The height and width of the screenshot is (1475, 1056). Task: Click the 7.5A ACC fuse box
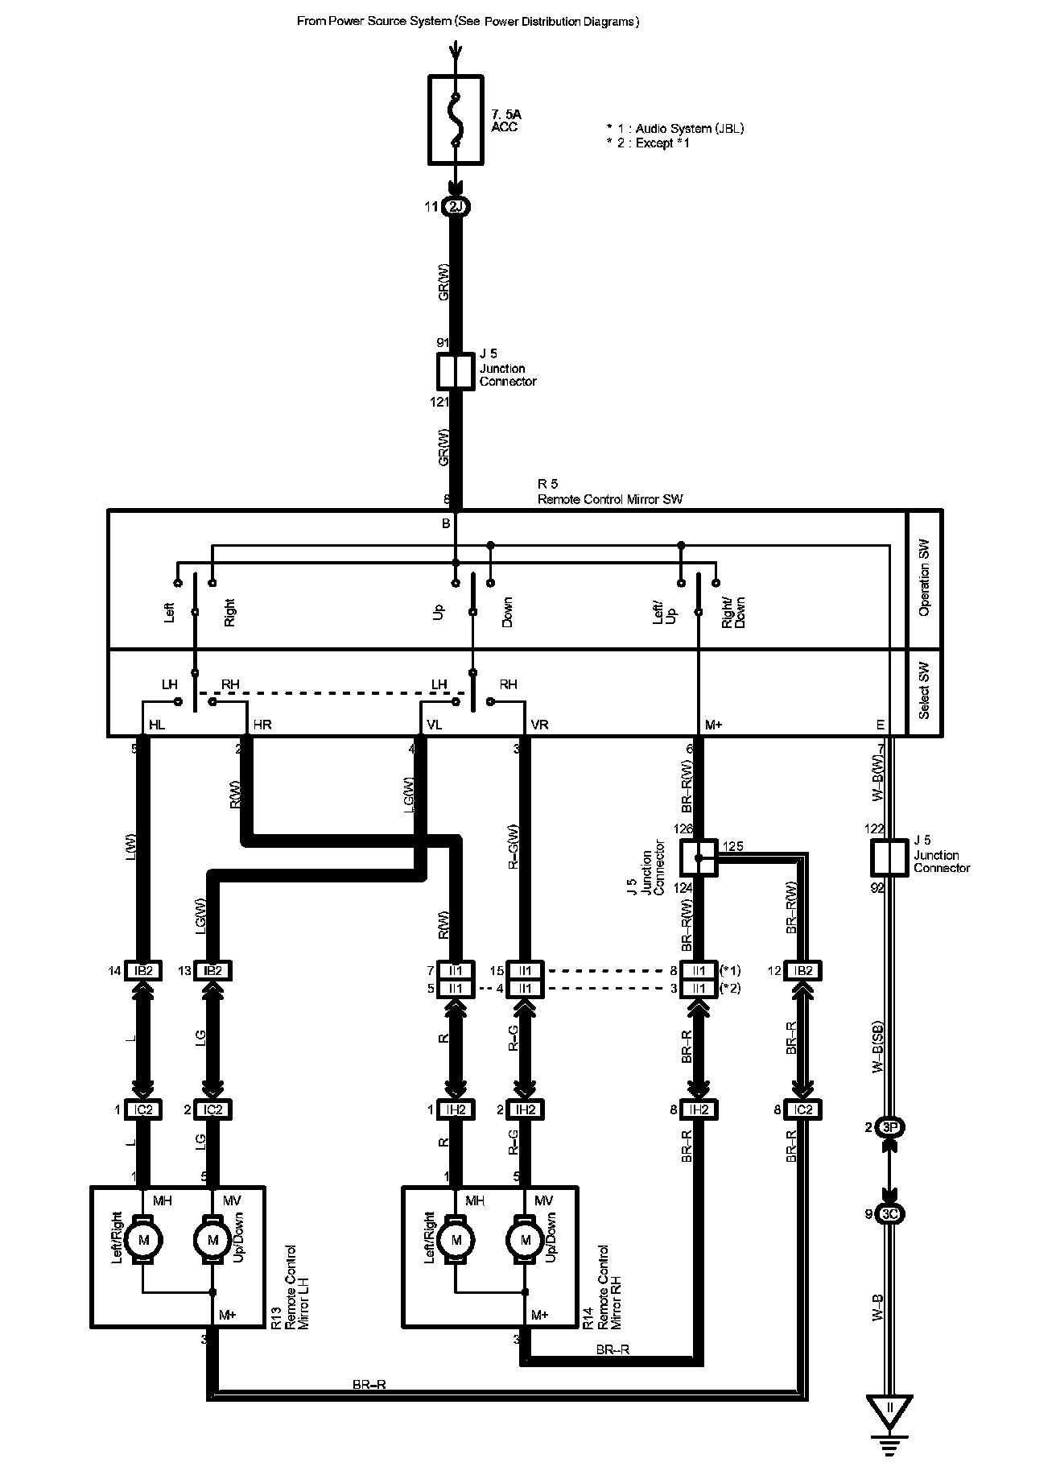pyautogui.click(x=456, y=120)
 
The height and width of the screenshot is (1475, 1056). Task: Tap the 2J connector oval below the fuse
pyautogui.click(x=456, y=207)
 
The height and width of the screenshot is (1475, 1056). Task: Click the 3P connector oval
pyautogui.click(x=889, y=1127)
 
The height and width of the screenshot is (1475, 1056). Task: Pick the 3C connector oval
pyautogui.click(x=889, y=1214)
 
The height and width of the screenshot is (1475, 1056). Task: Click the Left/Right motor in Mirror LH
pyautogui.click(x=144, y=1240)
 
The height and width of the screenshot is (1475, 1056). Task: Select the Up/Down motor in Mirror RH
pyautogui.click(x=526, y=1240)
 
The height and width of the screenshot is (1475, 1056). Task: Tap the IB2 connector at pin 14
pyautogui.click(x=143, y=971)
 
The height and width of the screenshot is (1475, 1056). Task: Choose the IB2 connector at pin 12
pyautogui.click(x=802, y=971)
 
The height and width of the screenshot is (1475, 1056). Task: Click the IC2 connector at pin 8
pyautogui.click(x=802, y=1109)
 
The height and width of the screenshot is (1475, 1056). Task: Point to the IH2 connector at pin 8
pyautogui.click(x=699, y=1109)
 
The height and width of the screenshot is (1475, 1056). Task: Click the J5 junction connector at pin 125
pyautogui.click(x=699, y=858)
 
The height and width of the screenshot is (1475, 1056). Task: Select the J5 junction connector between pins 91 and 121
pyautogui.click(x=456, y=371)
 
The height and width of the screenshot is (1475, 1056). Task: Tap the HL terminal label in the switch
pyautogui.click(x=157, y=725)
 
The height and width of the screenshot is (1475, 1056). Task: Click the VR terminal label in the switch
pyautogui.click(x=539, y=725)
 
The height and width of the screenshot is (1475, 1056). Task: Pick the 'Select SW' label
pyautogui.click(x=924, y=691)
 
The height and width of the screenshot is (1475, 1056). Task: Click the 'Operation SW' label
pyautogui.click(x=924, y=580)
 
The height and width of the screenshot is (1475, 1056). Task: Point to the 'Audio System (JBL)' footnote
pyautogui.click(x=675, y=129)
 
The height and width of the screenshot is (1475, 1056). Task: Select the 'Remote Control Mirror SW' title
pyautogui.click(x=610, y=499)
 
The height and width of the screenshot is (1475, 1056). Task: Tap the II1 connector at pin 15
pyautogui.click(x=526, y=971)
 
